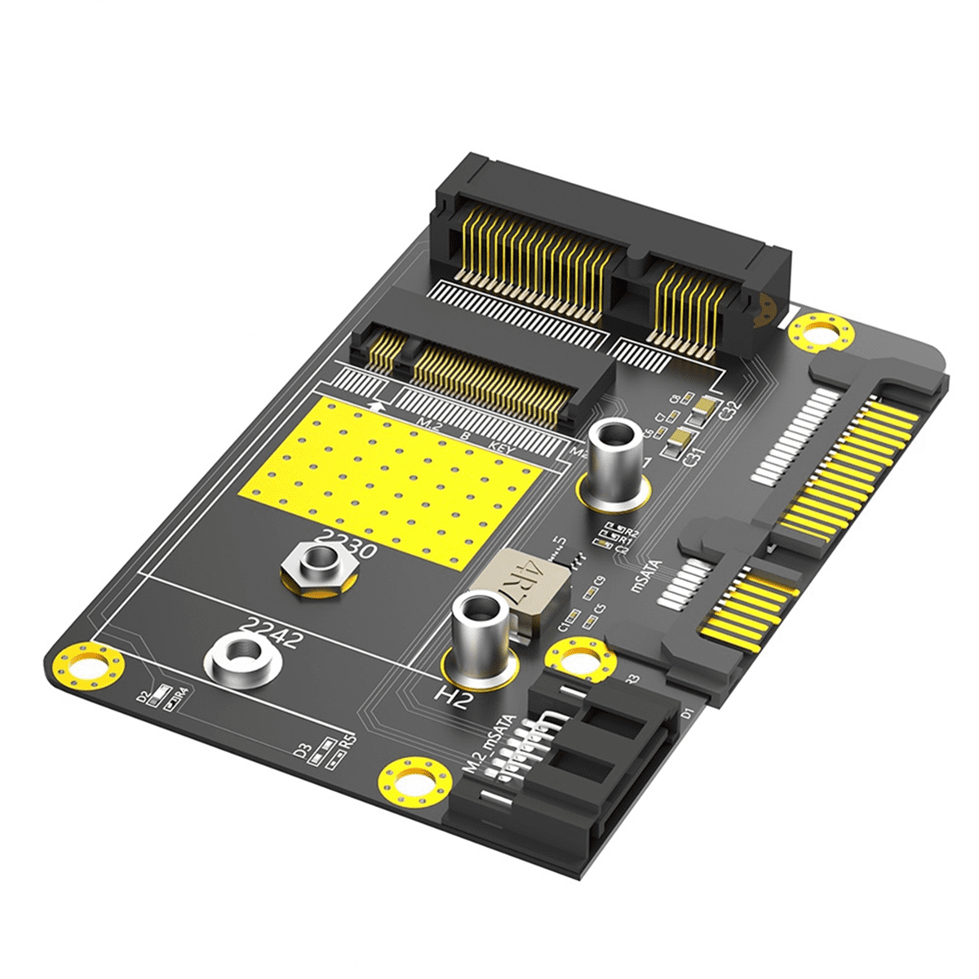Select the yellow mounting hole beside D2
(88, 664)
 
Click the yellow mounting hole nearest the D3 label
(416, 783)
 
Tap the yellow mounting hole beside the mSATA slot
(821, 333)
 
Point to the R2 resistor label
(631, 533)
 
